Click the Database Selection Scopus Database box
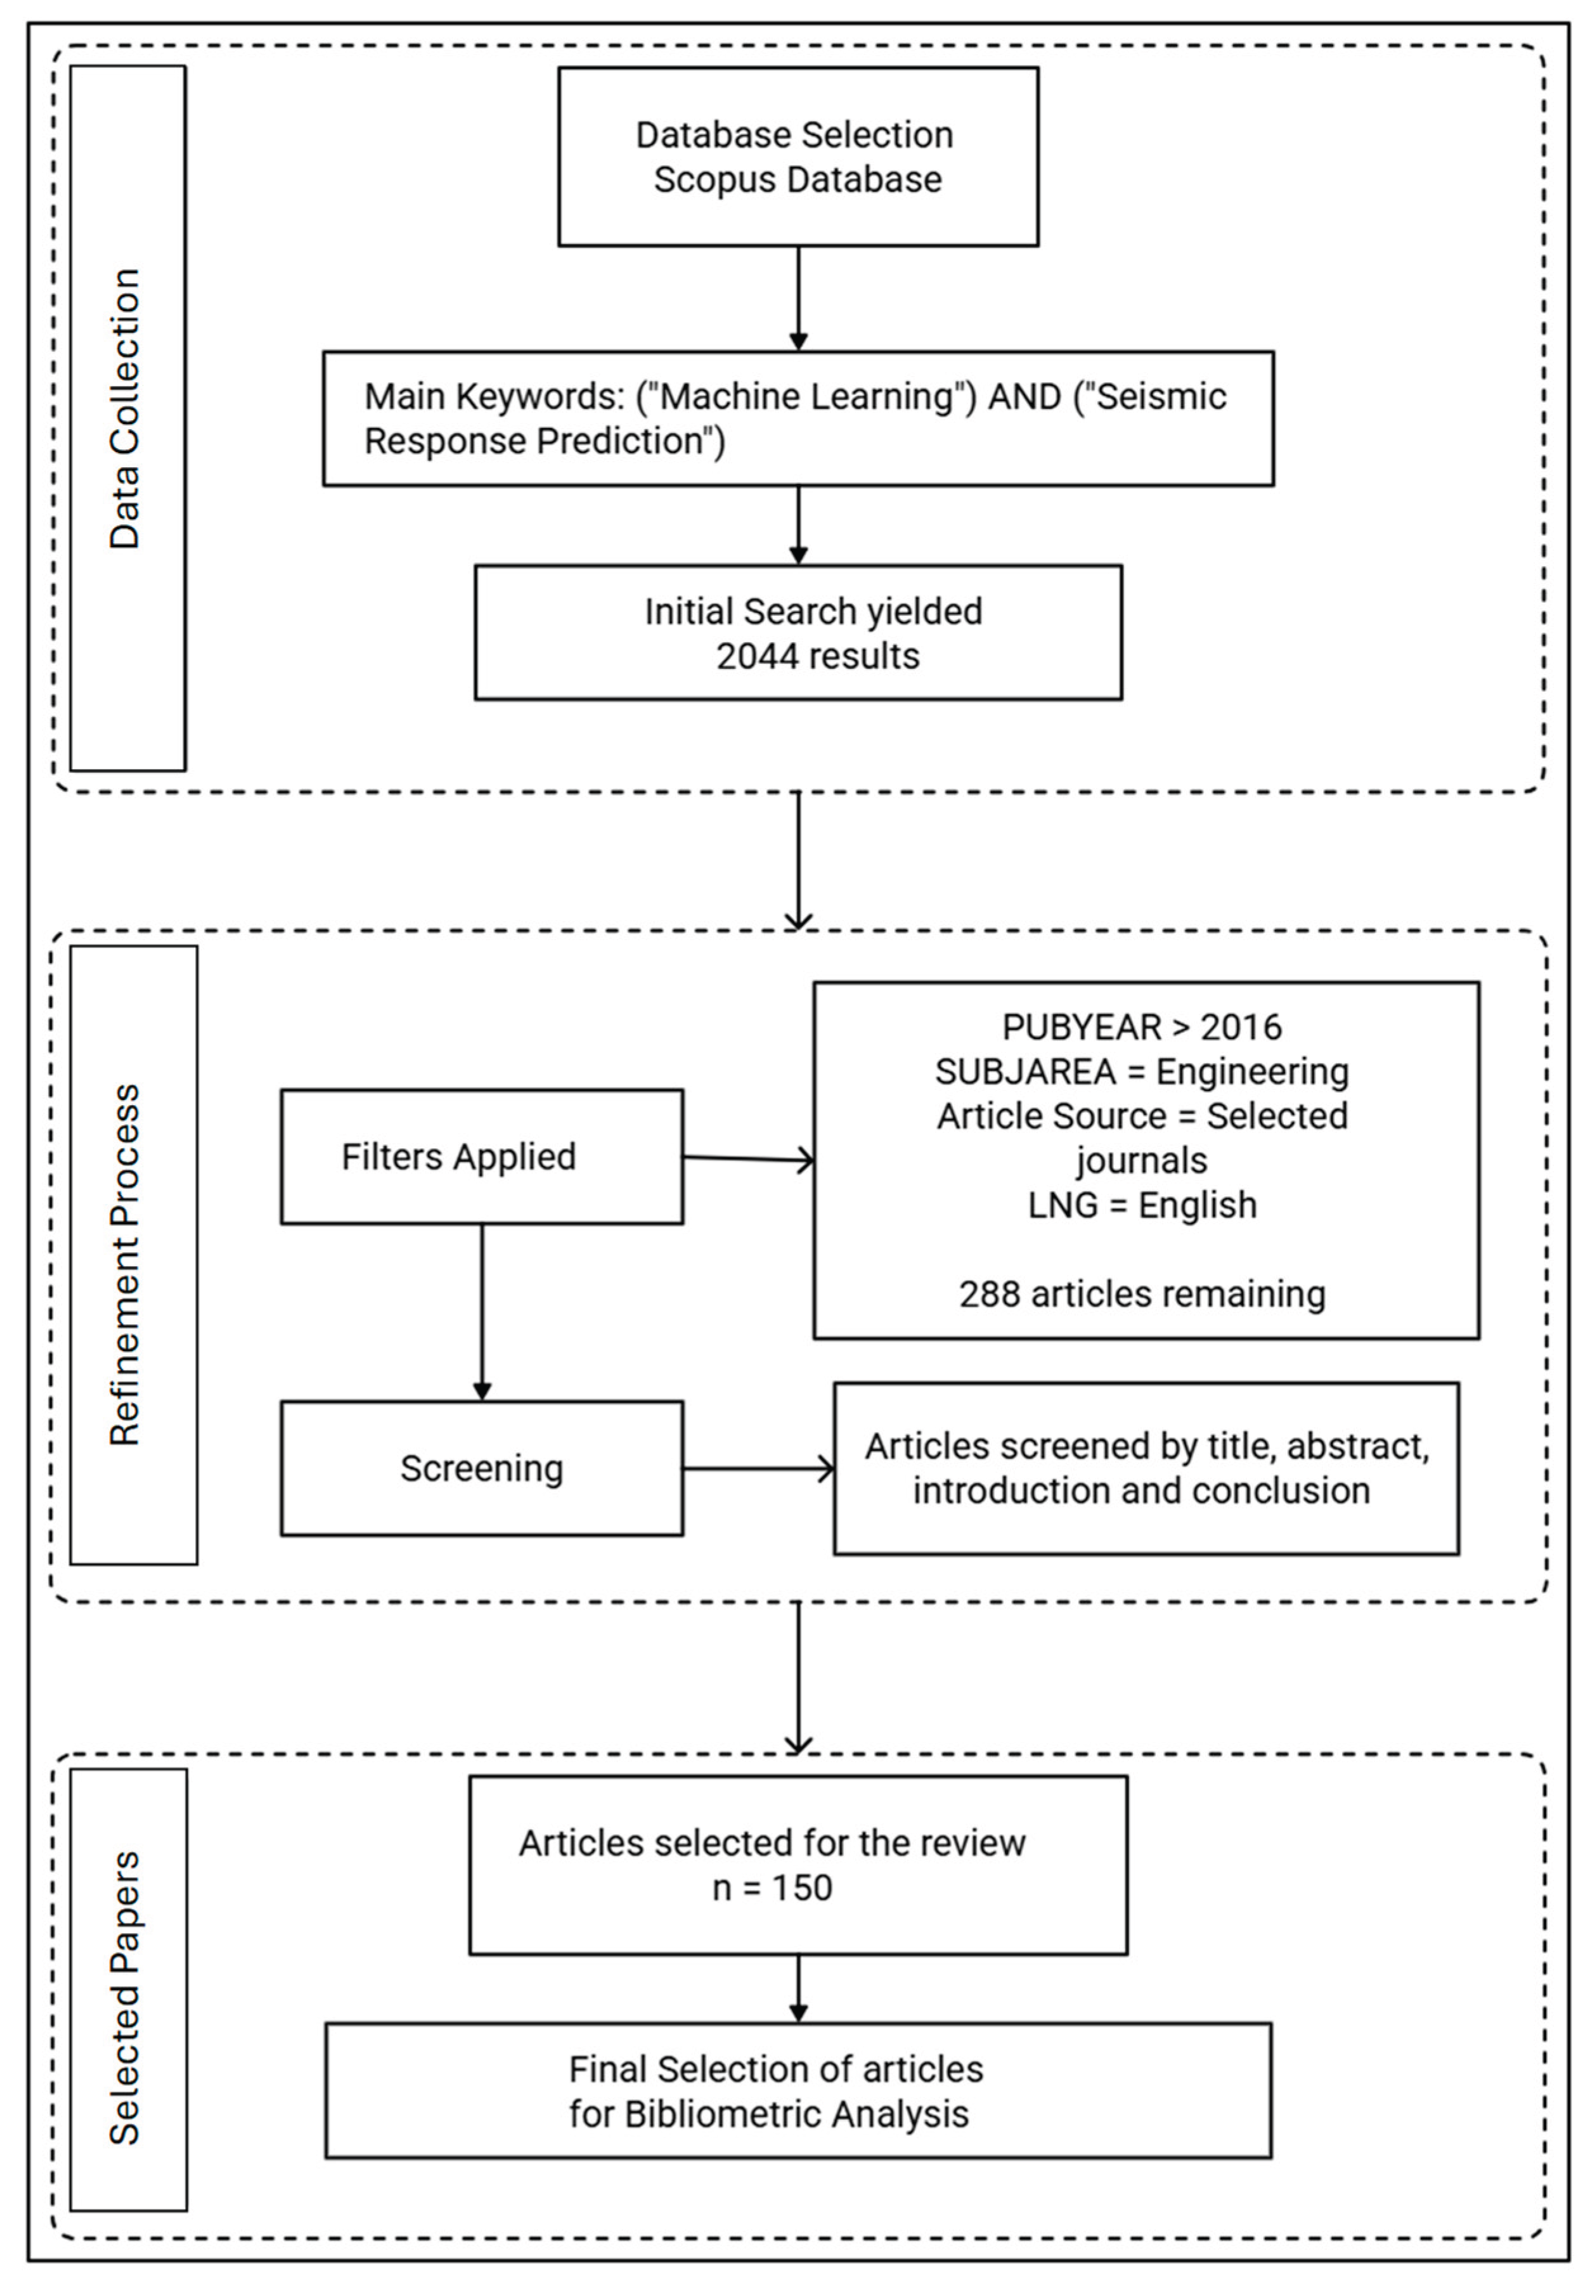[x=798, y=157]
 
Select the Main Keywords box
[x=798, y=418]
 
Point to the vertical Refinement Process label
[x=126, y=1265]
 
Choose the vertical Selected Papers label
[x=126, y=1998]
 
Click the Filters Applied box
[x=481, y=1156]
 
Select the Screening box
[x=481, y=1468]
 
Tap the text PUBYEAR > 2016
[x=1142, y=1026]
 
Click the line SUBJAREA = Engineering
[x=1142, y=1071]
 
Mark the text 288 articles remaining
[x=1142, y=1293]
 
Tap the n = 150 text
[x=772, y=1887]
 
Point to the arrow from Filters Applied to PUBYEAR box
[x=747, y=1158]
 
